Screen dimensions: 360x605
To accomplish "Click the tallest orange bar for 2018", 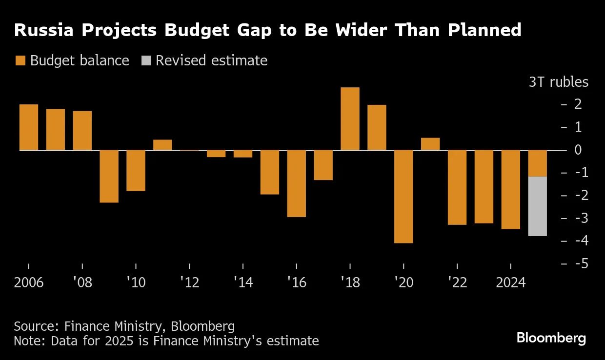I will [350, 119].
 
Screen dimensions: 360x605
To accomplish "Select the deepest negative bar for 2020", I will [403, 196].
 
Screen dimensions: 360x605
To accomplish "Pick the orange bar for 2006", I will [29, 127].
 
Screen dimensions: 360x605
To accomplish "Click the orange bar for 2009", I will [109, 176].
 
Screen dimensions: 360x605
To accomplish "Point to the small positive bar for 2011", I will [162, 145].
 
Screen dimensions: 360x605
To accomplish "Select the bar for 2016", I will [296, 183].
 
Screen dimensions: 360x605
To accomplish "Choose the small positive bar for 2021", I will [430, 144].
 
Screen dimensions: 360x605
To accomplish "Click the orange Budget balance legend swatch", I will [20, 60].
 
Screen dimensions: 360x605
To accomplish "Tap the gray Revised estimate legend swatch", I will [146, 60].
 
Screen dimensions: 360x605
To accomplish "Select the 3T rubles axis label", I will [559, 82].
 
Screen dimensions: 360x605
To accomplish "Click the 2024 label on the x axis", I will [510, 282].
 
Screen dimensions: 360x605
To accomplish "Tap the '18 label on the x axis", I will [350, 282].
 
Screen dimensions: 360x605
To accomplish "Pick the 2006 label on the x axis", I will [29, 282].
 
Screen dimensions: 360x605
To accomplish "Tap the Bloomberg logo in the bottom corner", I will [551, 338].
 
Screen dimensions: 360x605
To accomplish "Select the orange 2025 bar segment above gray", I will [537, 163].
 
